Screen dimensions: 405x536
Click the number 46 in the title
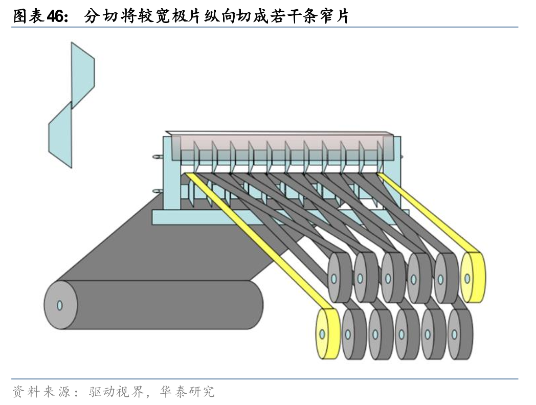(x=56, y=17)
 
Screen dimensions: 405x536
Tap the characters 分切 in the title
(x=97, y=17)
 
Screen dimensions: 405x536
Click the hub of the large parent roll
(x=59, y=305)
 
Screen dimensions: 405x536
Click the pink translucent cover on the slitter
(x=281, y=145)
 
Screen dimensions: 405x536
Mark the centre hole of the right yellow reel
(x=467, y=278)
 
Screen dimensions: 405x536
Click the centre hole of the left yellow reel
(x=322, y=334)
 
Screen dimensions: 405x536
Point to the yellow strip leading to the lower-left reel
(x=256, y=240)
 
